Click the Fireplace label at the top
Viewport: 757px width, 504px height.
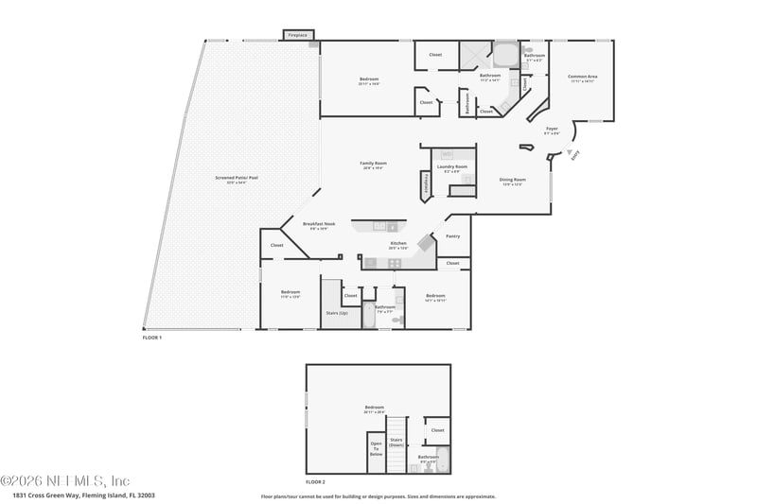click(298, 36)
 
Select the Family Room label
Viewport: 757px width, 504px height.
click(373, 165)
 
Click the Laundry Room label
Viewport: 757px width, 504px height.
click(452, 168)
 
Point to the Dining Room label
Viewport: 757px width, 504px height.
click(513, 181)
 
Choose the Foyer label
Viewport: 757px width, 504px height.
click(552, 130)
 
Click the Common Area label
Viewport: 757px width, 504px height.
click(582, 78)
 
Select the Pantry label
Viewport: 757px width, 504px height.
click(452, 235)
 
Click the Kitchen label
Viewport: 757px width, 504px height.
click(398, 245)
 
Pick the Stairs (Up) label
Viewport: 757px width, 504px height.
click(337, 312)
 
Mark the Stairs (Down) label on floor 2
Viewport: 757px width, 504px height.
click(396, 442)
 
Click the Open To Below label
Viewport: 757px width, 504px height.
click(376, 448)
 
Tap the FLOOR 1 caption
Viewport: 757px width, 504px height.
click(152, 338)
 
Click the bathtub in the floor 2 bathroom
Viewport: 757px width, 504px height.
click(442, 465)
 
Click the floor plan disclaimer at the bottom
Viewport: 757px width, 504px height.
click(378, 495)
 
